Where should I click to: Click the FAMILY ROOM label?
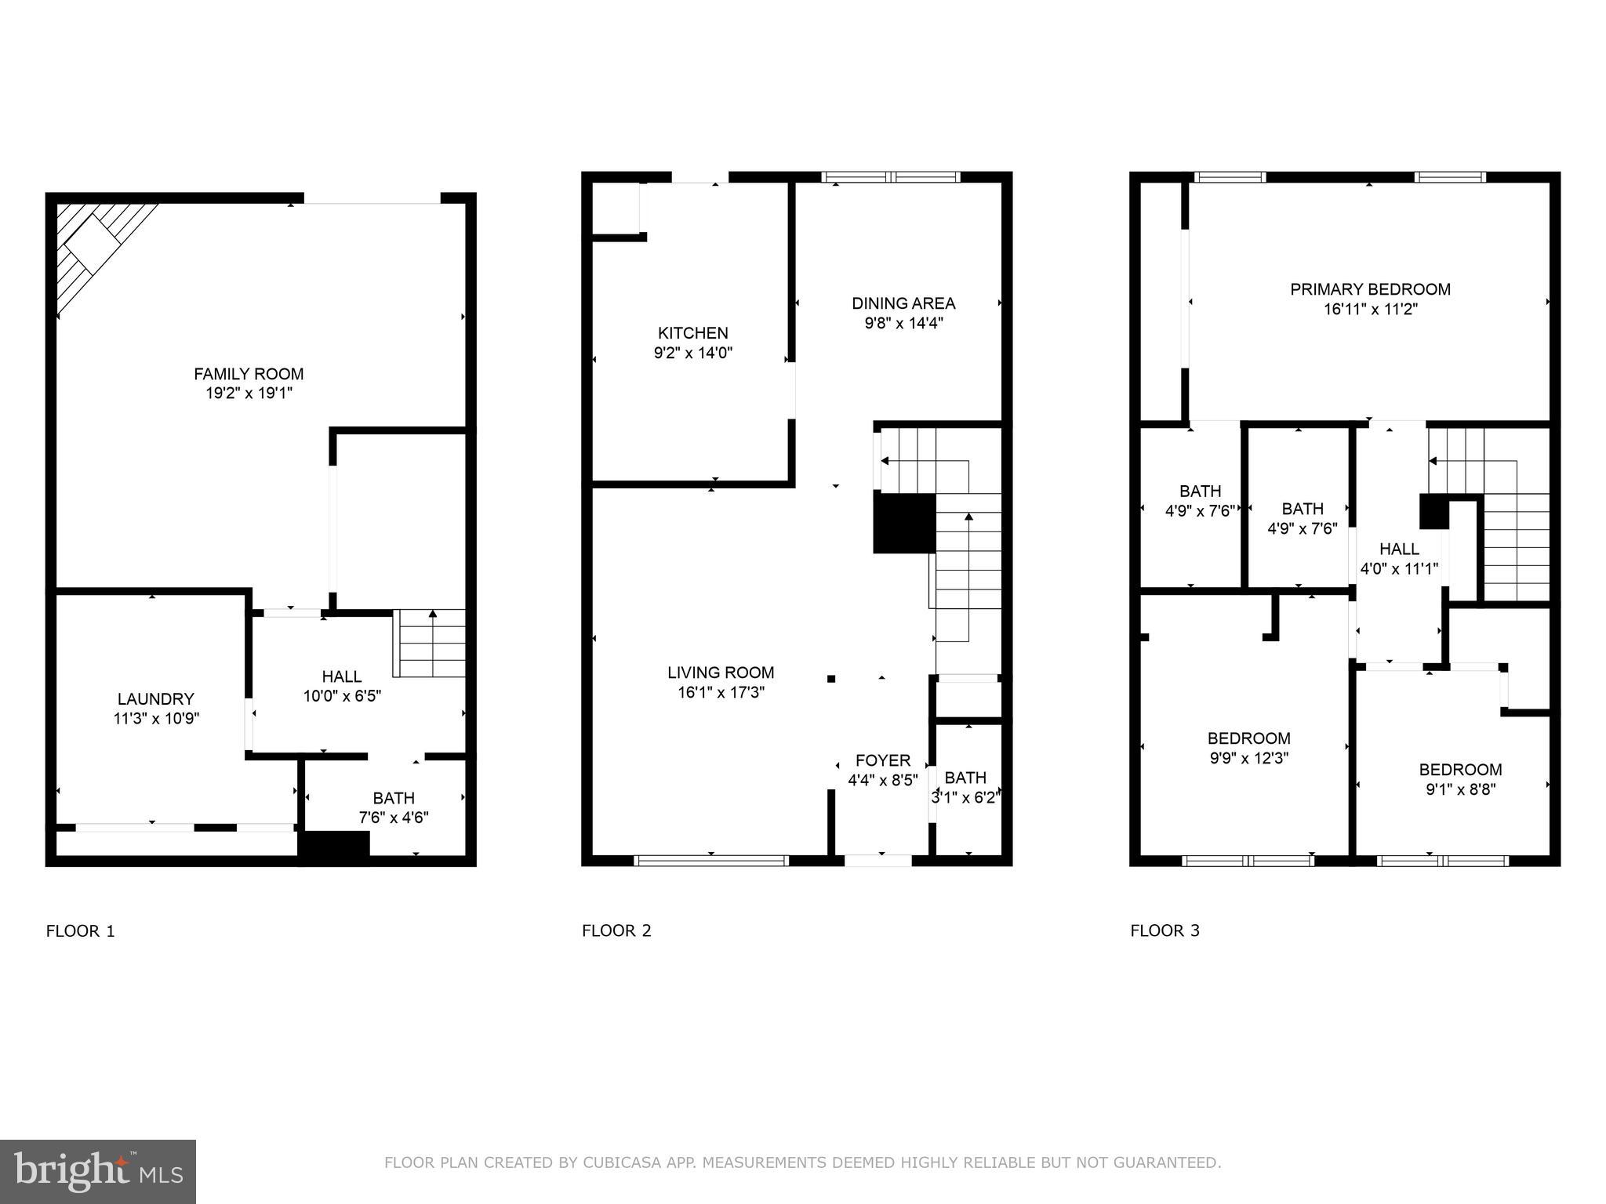coord(249,374)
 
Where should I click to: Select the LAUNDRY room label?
coord(155,698)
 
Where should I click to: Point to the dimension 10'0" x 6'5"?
coord(342,696)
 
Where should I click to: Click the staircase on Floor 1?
coord(430,643)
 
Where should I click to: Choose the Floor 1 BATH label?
coord(394,798)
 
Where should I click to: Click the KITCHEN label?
coord(692,333)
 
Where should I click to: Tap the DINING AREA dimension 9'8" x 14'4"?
coord(903,323)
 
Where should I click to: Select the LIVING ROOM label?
coord(720,673)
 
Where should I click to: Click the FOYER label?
coord(882,760)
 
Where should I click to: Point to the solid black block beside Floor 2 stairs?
coord(904,523)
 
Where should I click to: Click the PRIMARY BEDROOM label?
coord(1370,289)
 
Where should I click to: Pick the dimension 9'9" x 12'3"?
coord(1248,758)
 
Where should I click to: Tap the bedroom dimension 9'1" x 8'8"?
coord(1460,789)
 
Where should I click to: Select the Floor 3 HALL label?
coord(1399,549)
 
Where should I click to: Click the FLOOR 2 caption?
coord(616,930)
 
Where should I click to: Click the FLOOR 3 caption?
coord(1165,930)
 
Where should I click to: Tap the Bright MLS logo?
coord(97,1171)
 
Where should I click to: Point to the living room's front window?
coord(710,860)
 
